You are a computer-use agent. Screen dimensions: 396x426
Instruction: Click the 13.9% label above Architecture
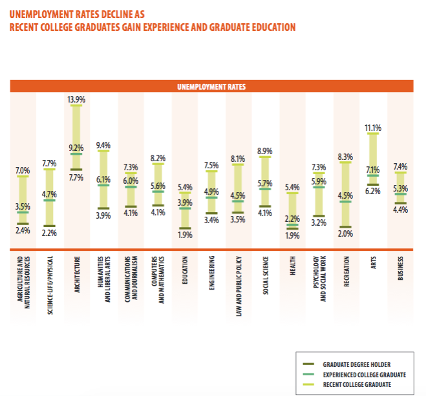[x=76, y=100]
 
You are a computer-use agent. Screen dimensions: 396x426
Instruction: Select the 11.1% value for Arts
[x=373, y=127]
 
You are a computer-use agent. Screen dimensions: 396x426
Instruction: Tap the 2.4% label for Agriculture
[x=23, y=230]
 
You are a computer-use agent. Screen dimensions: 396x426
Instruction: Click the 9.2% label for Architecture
[x=76, y=148]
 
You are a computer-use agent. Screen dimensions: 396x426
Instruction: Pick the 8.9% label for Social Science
[x=264, y=151]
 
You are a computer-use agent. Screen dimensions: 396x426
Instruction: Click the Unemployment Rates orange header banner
[x=211, y=86]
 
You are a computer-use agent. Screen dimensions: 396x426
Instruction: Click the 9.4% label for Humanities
[x=103, y=145]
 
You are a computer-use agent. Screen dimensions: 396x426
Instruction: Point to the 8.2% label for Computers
[x=158, y=157]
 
